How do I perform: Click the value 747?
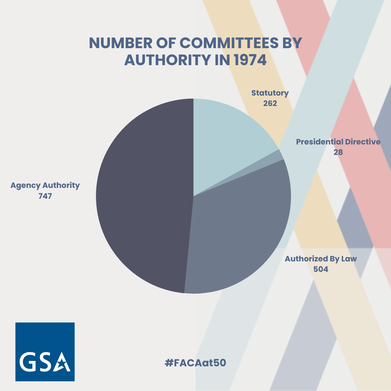tap(45, 196)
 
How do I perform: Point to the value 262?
tap(270, 103)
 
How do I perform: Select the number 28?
tap(338, 152)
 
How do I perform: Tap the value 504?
tap(321, 269)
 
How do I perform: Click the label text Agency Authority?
tap(45, 185)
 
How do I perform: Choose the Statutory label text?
tap(270, 93)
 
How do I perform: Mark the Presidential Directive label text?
tap(338, 142)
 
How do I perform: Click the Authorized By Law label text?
tap(321, 259)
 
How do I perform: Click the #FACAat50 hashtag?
tap(195, 362)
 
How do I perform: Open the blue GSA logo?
tap(45, 352)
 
